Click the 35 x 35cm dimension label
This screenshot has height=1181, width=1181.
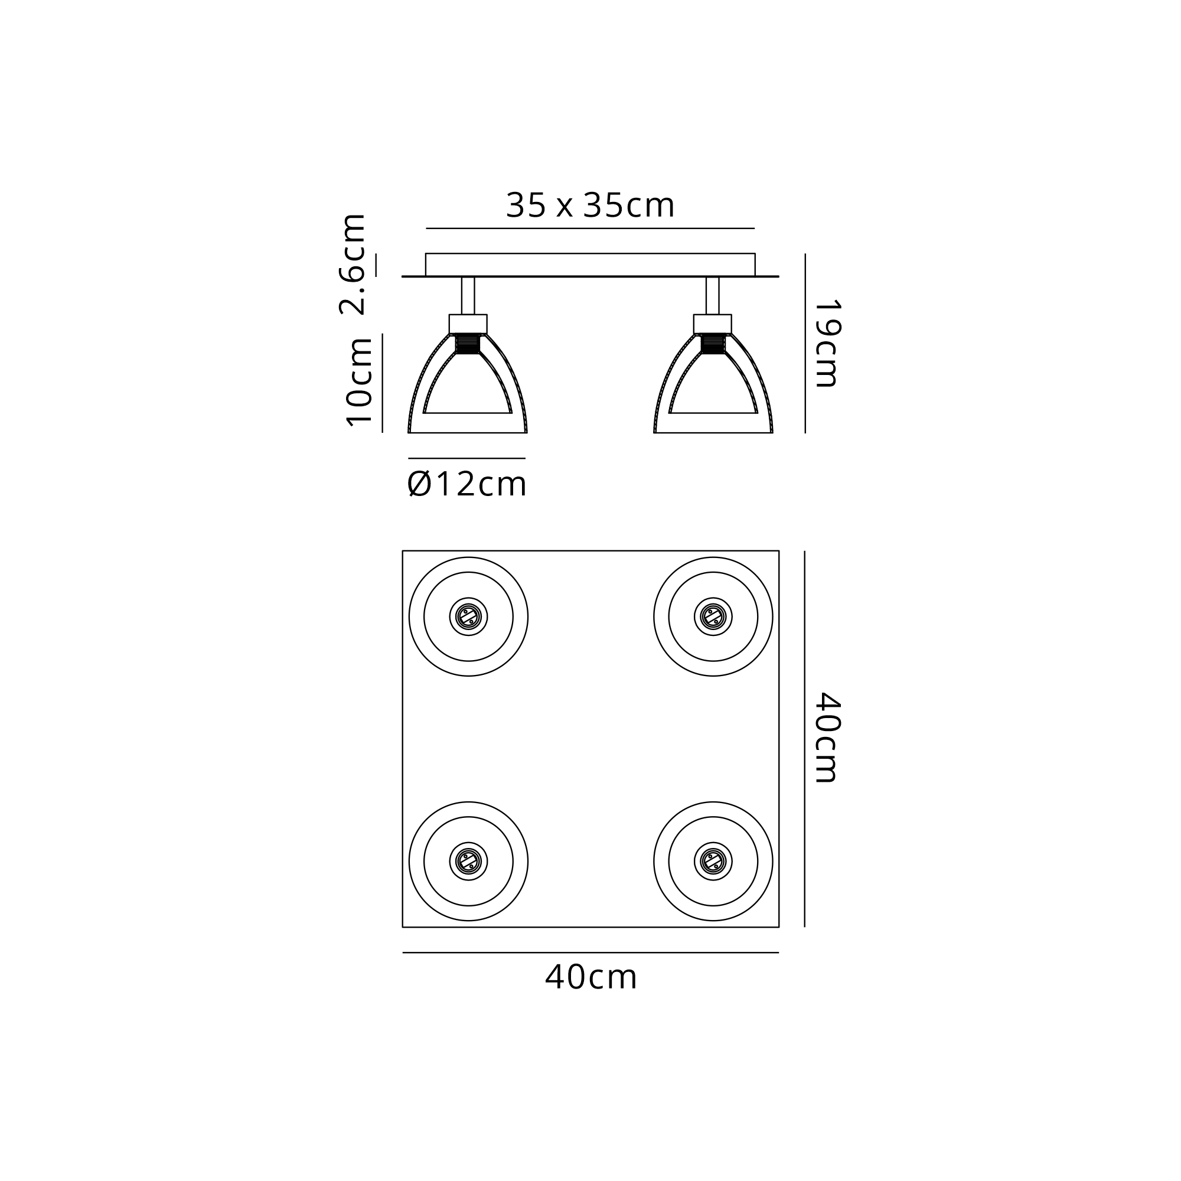pyautogui.click(x=590, y=205)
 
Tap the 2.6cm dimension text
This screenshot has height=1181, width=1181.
pyautogui.click(x=352, y=264)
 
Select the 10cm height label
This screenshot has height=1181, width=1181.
pyautogui.click(x=359, y=381)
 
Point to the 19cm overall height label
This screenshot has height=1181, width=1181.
pyautogui.click(x=828, y=343)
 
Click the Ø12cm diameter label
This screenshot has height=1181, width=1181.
pyautogui.click(x=466, y=485)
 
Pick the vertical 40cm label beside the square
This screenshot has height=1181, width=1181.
pyautogui.click(x=828, y=737)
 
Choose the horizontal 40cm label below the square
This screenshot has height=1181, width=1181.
pyautogui.click(x=590, y=977)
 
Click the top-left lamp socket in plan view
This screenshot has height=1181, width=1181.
pyautogui.click(x=468, y=617)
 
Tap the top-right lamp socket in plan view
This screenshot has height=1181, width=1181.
pyautogui.click(x=713, y=617)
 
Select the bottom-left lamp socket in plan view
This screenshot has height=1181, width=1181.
pyautogui.click(x=468, y=862)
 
